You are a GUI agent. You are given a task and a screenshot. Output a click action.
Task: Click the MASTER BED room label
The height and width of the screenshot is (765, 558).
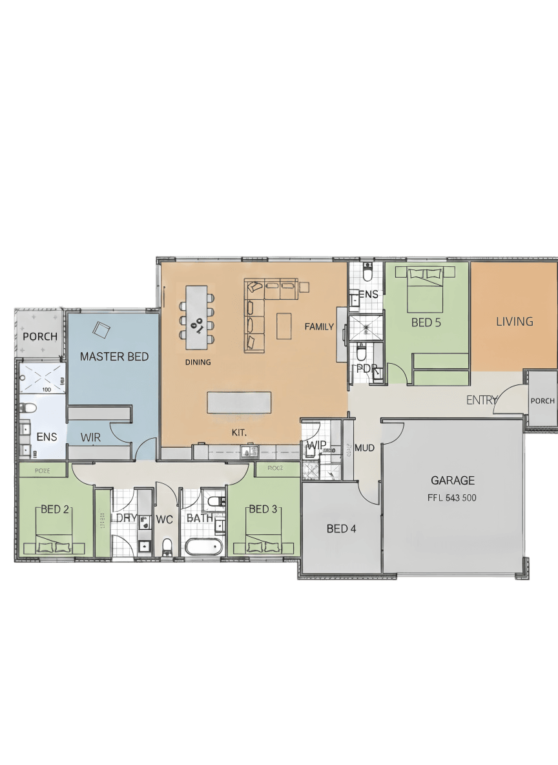pyautogui.click(x=114, y=357)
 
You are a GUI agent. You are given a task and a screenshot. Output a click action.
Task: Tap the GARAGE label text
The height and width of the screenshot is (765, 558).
pyautogui.click(x=453, y=480)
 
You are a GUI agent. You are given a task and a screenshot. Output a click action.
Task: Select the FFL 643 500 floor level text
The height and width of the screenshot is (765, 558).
pyautogui.click(x=453, y=498)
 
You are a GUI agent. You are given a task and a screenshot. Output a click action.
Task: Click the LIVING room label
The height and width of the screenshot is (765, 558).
pyautogui.click(x=515, y=321)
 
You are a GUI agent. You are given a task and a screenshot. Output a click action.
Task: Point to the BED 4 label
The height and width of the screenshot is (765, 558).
pyautogui.click(x=341, y=529)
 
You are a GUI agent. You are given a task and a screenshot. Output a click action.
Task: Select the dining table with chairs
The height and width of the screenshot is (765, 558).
pyautogui.click(x=197, y=313)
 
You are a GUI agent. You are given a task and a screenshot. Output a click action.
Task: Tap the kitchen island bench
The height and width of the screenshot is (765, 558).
pyautogui.click(x=239, y=402)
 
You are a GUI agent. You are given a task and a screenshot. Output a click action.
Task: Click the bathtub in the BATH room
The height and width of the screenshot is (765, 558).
pyautogui.click(x=203, y=547)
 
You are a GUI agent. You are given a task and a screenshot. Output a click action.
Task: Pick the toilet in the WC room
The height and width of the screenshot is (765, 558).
pyautogui.click(x=167, y=547)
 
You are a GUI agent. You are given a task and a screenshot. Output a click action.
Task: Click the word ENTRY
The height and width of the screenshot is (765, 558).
pyautogui.click(x=481, y=401)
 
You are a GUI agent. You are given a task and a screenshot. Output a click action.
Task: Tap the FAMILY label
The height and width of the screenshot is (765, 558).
pyautogui.click(x=319, y=326)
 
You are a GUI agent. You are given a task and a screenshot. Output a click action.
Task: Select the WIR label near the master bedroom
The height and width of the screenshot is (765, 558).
pyautogui.click(x=90, y=437)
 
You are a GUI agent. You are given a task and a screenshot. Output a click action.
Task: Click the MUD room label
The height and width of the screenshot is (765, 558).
pyautogui.click(x=365, y=447)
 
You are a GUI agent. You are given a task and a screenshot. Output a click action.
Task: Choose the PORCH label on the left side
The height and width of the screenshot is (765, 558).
pyautogui.click(x=40, y=337)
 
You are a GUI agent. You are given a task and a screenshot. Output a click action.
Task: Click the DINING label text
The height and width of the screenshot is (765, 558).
pyautogui.click(x=198, y=362)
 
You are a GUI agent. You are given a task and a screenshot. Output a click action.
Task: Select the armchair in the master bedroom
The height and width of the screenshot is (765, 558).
pyautogui.click(x=102, y=330)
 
